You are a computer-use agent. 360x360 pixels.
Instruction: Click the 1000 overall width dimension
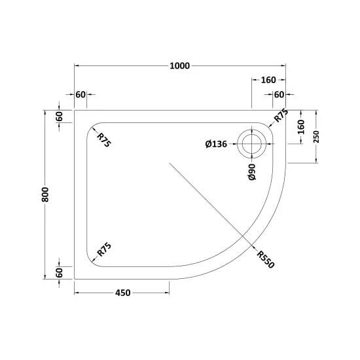180,66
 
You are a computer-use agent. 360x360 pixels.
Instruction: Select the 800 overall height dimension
45,194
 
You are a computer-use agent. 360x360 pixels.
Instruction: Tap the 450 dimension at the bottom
123,293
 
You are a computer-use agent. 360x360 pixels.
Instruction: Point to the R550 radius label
266,259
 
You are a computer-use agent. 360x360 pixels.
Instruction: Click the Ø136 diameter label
216,144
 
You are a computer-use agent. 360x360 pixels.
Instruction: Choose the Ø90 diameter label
252,172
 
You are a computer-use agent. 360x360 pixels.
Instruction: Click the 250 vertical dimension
316,137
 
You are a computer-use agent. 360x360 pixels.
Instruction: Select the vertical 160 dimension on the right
301,127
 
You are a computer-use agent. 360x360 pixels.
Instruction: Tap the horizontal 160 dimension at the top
268,80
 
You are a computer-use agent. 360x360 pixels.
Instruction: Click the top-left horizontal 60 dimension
81,94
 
